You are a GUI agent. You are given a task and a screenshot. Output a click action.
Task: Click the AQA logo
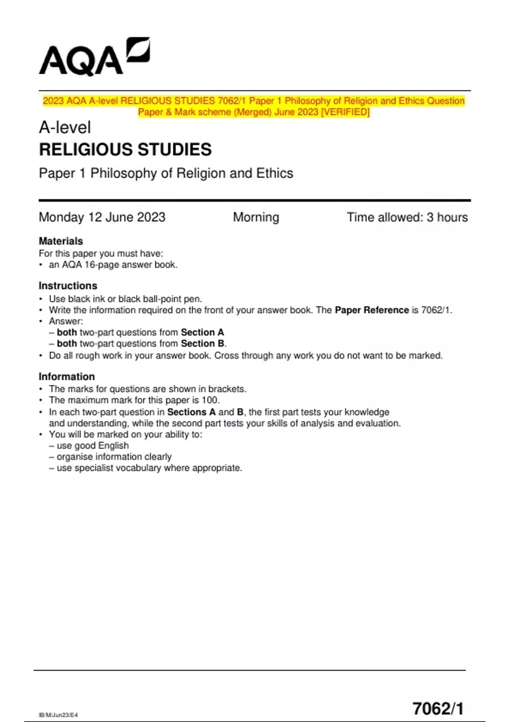(94, 57)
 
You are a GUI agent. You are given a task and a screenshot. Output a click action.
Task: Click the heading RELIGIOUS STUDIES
(125, 149)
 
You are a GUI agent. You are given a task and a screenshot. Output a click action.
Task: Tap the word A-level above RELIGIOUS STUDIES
(65, 127)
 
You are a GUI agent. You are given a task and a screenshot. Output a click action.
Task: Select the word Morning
(256, 217)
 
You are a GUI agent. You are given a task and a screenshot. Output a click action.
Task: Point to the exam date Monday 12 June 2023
(102, 217)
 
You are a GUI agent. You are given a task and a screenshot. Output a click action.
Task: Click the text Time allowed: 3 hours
(407, 217)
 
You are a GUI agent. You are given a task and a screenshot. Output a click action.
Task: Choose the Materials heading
(61, 241)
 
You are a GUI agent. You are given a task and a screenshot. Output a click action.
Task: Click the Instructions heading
(68, 285)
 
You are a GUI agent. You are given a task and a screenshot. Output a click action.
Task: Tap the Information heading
(67, 376)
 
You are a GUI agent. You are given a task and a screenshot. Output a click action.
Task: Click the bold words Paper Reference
(371, 310)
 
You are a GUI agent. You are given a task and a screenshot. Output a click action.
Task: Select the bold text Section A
(202, 332)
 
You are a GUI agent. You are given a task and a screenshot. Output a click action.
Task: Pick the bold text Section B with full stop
(204, 343)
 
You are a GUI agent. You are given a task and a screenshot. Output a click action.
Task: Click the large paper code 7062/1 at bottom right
(438, 708)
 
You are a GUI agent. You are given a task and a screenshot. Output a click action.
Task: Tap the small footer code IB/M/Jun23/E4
(58, 715)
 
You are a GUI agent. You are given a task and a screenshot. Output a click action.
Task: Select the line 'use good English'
(93, 446)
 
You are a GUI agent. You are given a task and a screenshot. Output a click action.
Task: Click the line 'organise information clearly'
(114, 457)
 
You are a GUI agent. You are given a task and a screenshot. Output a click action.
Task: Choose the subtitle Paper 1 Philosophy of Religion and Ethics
(166, 173)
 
